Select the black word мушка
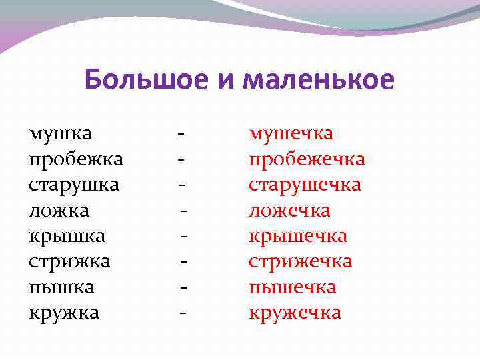[61, 133]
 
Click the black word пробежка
[76, 159]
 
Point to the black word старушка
[74, 185]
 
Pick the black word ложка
[59, 211]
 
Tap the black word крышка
[67, 236]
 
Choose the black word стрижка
[70, 261]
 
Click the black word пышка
[62, 287]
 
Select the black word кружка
[64, 313]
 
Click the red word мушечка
[291, 133]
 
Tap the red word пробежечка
[307, 159]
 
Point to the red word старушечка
[305, 185]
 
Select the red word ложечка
[289, 211]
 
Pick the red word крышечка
[298, 236]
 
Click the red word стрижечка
[301, 261]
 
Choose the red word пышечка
[293, 287]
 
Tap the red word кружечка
[295, 313]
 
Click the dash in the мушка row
[181, 134]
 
